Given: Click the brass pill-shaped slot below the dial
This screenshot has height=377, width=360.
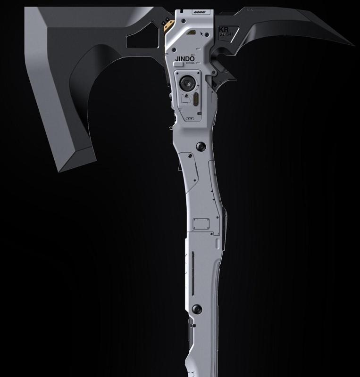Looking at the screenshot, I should tap(193, 99).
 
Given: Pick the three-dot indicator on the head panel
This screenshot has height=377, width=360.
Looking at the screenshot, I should tap(190, 118).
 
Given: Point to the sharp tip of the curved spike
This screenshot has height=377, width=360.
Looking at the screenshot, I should tap(353, 45).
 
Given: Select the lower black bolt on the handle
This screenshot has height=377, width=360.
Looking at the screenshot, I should tap(197, 310).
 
